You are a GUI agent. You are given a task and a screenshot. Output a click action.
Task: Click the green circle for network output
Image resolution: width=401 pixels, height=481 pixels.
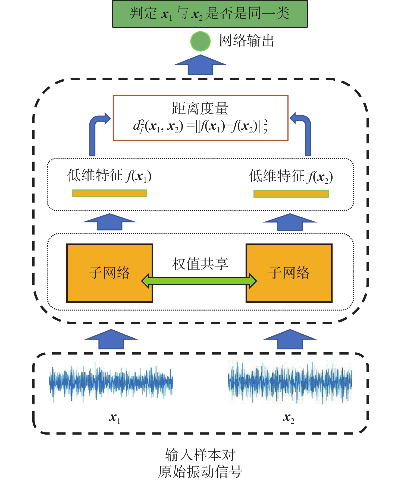tap(200, 41)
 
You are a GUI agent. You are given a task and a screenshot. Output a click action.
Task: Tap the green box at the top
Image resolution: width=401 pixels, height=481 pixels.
tap(210, 14)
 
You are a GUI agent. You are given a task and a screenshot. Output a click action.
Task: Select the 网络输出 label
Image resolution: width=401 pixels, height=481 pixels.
tap(246, 41)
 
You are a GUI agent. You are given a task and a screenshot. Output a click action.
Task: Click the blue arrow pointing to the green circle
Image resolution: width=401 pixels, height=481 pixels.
tap(200, 65)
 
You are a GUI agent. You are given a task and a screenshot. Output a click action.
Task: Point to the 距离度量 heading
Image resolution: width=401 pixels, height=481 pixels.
tap(200, 109)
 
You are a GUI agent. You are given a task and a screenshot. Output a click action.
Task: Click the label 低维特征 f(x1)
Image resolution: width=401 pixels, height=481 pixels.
tap(109, 176)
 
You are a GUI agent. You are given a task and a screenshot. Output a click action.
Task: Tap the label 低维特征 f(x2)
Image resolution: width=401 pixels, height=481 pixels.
tap(291, 176)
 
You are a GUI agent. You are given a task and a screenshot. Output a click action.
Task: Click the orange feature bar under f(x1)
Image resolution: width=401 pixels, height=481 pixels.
tap(109, 193)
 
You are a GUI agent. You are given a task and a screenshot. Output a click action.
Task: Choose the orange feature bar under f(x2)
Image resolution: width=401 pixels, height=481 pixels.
tap(291, 194)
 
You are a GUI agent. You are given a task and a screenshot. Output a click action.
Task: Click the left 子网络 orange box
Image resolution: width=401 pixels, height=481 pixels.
tap(109, 273)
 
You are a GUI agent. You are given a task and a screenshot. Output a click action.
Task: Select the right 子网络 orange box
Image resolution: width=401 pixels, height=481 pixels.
tap(289, 273)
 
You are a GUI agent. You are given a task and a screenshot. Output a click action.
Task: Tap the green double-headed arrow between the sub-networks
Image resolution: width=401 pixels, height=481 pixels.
tap(199, 281)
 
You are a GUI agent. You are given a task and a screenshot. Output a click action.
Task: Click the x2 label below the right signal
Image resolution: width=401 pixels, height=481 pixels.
tap(289, 418)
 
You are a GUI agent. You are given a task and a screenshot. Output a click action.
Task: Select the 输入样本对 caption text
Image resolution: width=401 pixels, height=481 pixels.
tap(200, 455)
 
